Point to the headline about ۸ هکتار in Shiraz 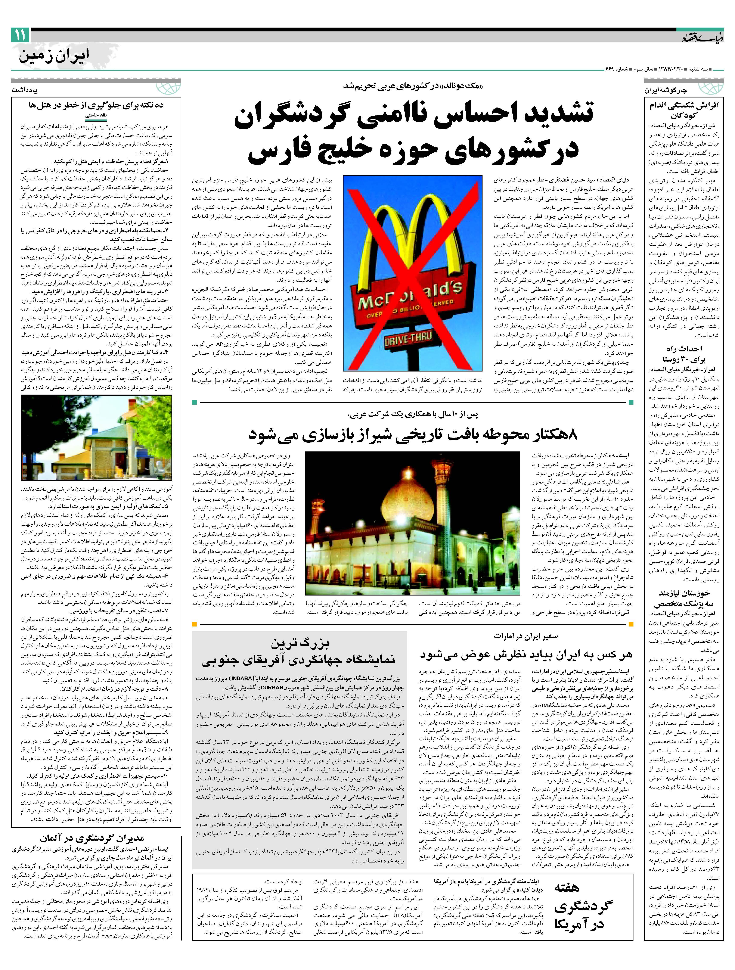[x=412, y=434]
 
